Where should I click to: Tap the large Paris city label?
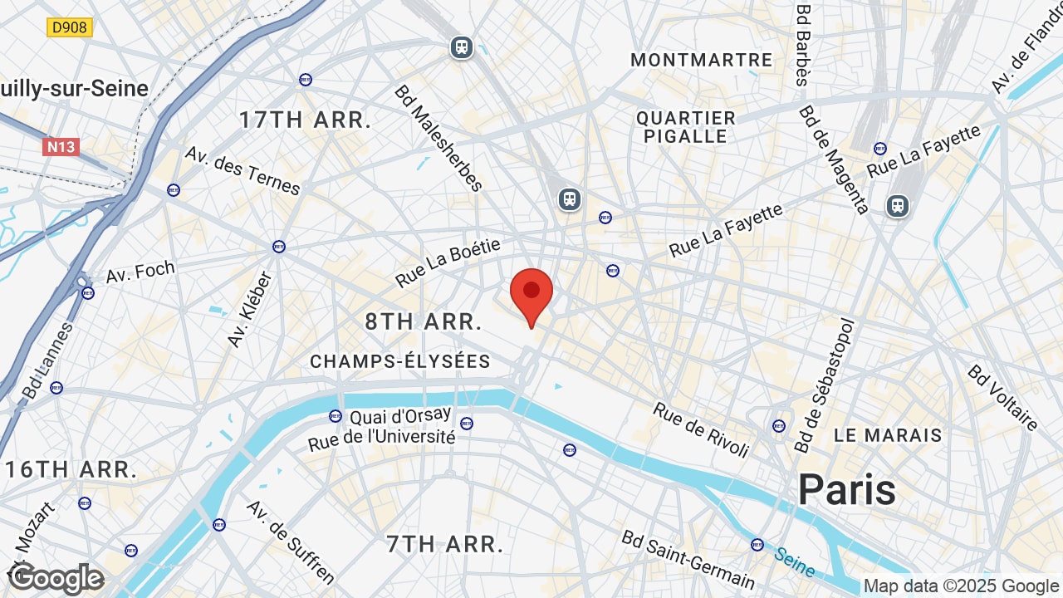point(846,490)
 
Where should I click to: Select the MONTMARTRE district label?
point(701,60)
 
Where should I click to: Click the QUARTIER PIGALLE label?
point(686,127)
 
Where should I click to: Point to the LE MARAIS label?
point(888,435)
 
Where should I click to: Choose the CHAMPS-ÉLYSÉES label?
point(400,361)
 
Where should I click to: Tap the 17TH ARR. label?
point(305,120)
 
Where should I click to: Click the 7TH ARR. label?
point(445,545)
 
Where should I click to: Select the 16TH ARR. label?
point(71,469)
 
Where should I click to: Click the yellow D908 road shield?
point(69,27)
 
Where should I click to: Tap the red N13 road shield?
point(61,147)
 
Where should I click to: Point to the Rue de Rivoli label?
point(701,429)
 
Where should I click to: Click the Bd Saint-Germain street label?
point(688,560)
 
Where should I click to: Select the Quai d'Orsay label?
point(400,415)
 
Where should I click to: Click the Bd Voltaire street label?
point(1002,398)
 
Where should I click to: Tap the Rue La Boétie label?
point(448,262)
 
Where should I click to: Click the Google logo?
point(56,578)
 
